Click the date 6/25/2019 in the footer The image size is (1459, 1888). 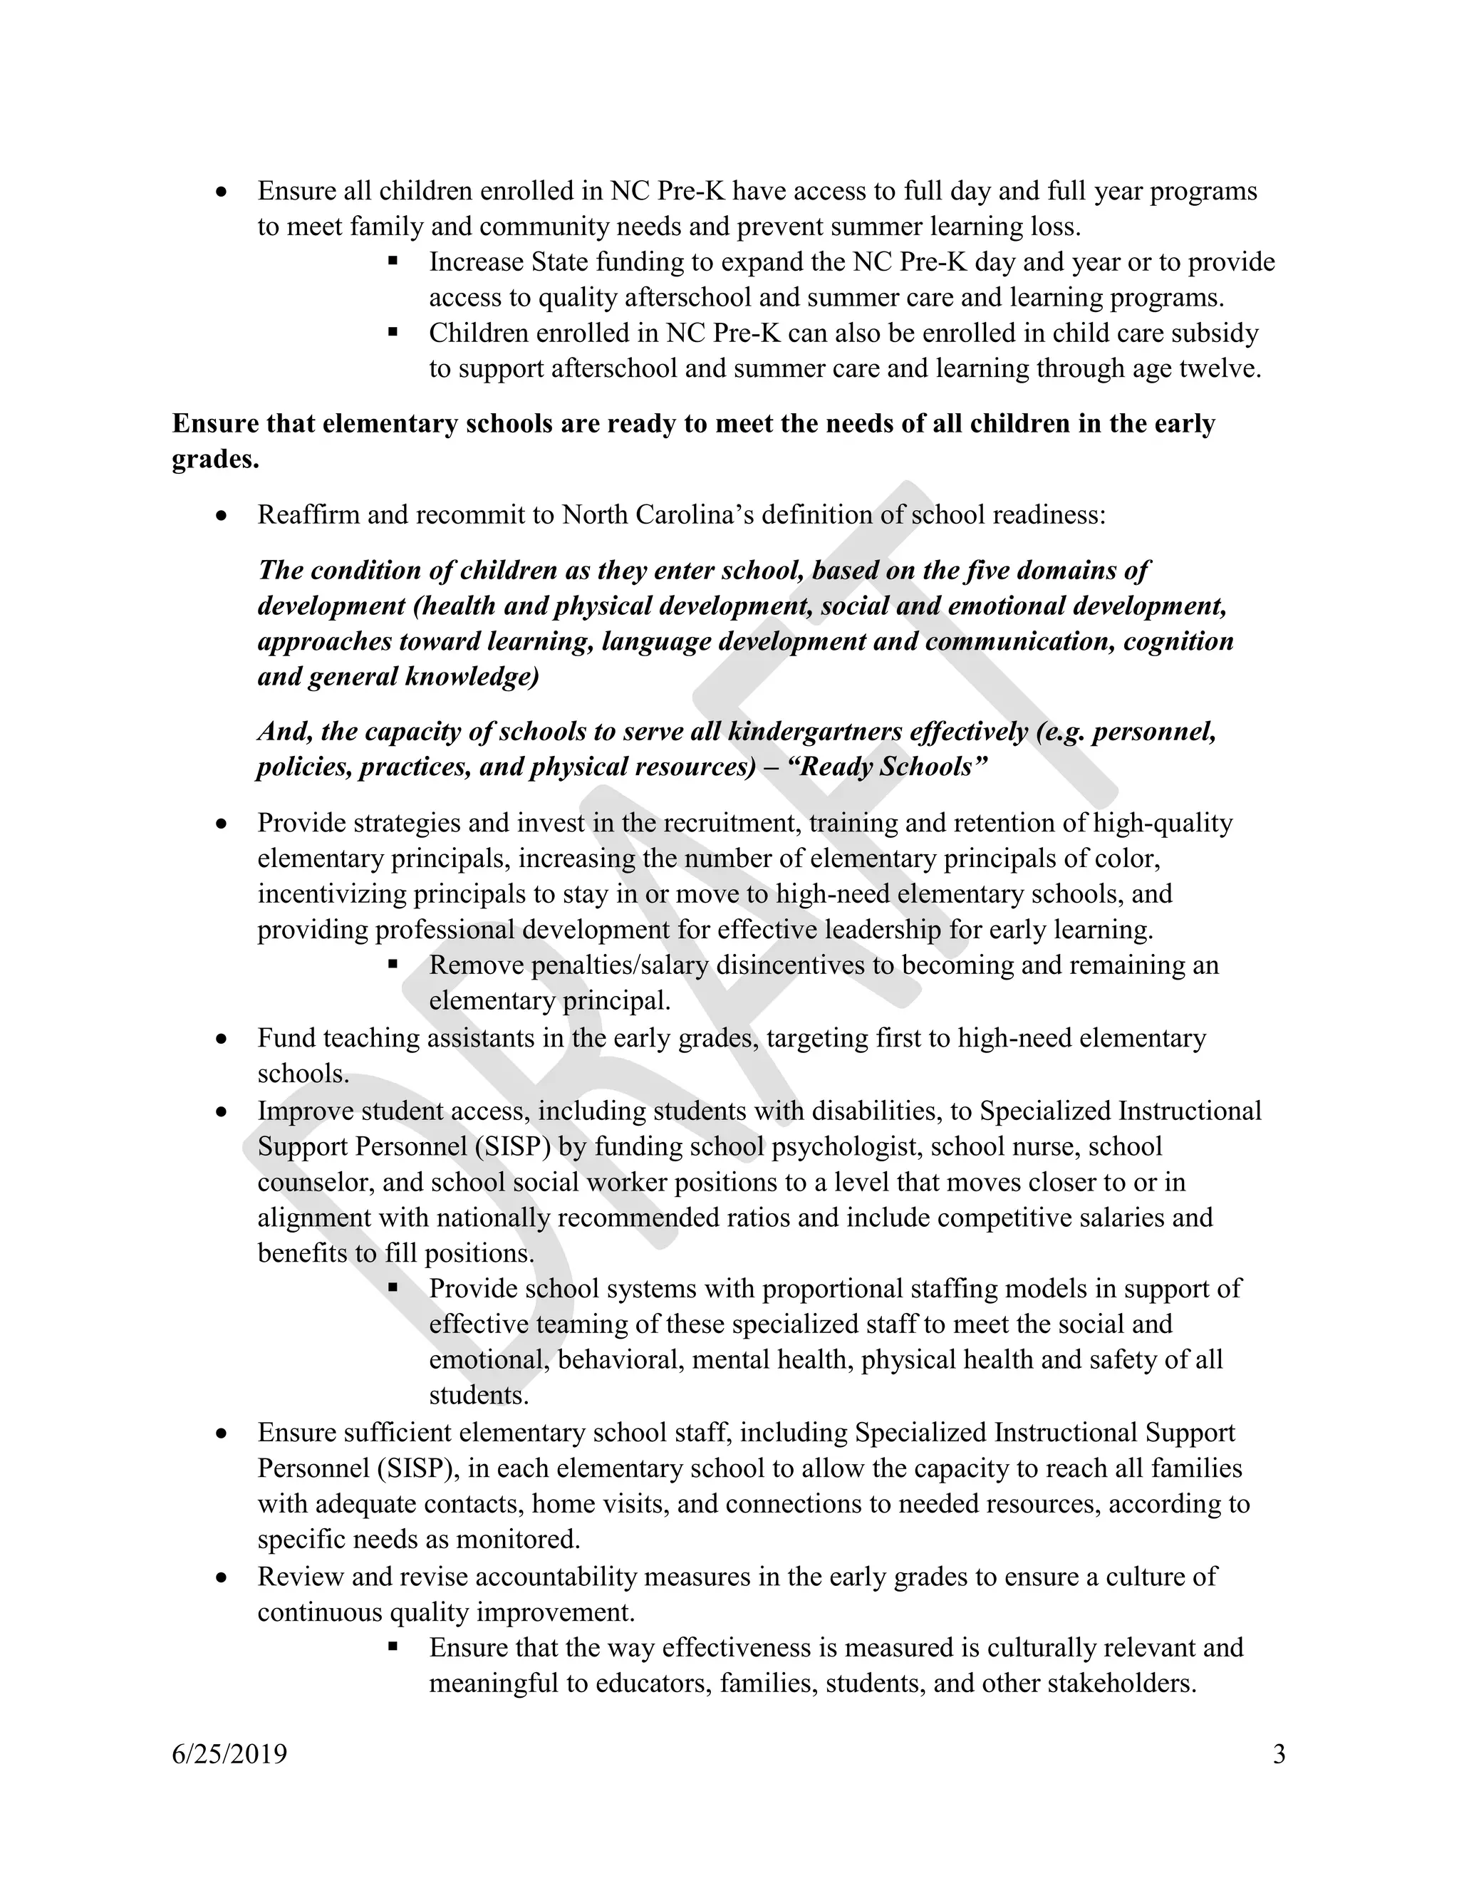coord(229,1754)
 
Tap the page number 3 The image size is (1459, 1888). coord(1279,1754)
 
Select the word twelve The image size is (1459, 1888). coord(1220,369)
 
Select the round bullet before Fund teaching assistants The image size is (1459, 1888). coord(222,1038)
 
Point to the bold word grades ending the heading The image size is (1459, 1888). coord(214,459)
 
